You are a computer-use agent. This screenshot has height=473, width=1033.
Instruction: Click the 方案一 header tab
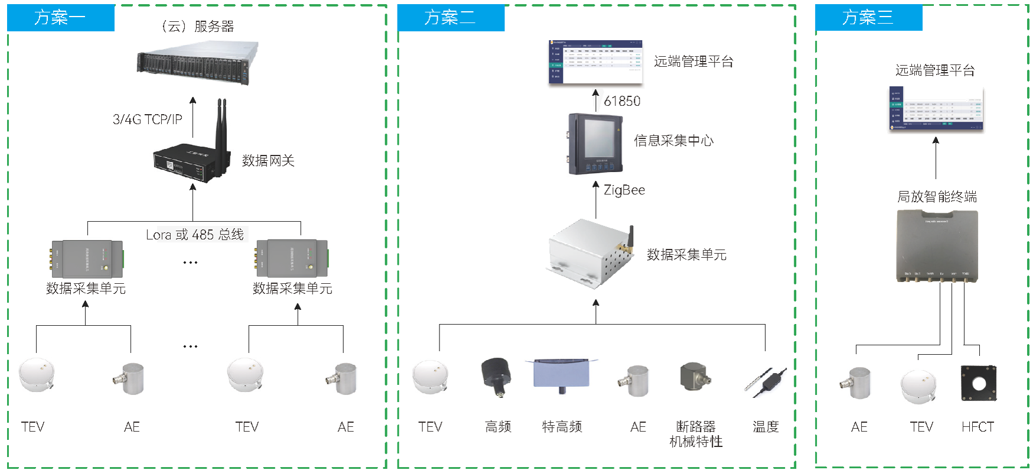(x=60, y=18)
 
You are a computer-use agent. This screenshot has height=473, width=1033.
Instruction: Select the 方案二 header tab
(x=451, y=18)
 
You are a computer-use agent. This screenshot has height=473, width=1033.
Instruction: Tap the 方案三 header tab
(x=868, y=18)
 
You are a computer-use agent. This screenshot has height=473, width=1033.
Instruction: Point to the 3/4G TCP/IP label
(x=148, y=119)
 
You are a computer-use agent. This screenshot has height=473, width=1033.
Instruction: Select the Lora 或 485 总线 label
(x=195, y=235)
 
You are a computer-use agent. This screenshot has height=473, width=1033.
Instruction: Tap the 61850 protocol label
(x=622, y=101)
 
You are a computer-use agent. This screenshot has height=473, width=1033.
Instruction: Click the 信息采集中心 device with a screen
(x=595, y=144)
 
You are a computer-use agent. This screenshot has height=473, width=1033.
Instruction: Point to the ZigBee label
(x=624, y=190)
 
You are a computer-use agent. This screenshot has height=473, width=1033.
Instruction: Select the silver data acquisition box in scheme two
(x=589, y=252)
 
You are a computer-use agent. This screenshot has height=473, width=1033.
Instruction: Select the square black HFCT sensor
(x=979, y=383)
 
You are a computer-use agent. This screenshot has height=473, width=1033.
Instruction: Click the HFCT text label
(x=977, y=427)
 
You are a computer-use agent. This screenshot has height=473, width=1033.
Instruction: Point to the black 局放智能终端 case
(x=937, y=245)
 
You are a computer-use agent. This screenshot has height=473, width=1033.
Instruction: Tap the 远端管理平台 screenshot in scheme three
(x=936, y=109)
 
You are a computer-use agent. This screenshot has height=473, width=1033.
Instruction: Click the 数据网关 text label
(x=268, y=161)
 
